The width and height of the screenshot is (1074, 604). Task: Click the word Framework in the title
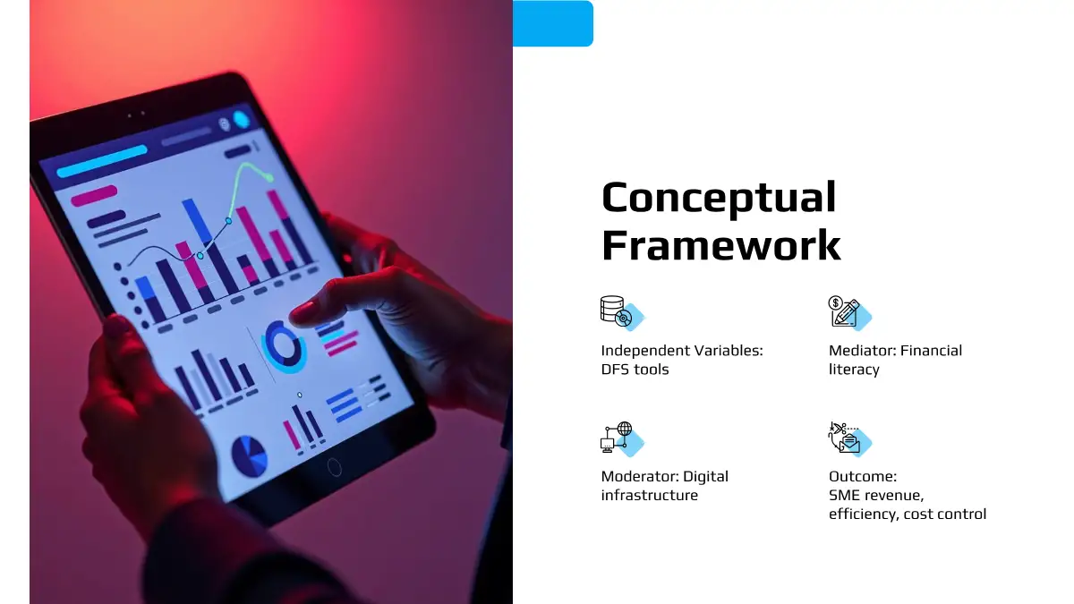721,245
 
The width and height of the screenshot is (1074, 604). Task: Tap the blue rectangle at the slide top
553,23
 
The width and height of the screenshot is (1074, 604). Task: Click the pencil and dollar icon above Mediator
844,311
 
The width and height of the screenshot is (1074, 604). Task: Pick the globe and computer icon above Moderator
617,437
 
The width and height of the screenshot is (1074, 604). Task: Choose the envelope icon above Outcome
845,438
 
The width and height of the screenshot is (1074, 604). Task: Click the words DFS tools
635,369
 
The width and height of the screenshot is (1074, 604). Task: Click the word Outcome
863,476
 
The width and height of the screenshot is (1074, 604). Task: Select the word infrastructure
650,495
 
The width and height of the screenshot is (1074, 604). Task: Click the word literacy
854,370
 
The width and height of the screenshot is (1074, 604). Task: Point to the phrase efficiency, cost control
908,514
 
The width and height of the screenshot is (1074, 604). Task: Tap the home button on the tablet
334,467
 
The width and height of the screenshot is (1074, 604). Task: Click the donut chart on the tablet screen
284,346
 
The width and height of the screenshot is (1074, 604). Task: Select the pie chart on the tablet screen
250,455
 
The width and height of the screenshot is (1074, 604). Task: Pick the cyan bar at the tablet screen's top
102,162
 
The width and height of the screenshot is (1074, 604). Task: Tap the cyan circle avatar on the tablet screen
241,119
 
